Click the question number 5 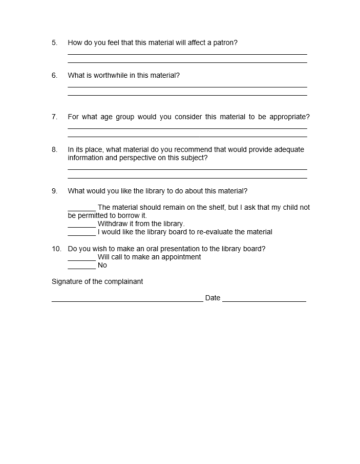coord(54,43)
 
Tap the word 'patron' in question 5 coord(225,43)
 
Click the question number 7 coord(54,117)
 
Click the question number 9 coord(54,191)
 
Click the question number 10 coord(56,249)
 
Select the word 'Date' coord(213,298)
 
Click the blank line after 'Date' coord(264,300)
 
